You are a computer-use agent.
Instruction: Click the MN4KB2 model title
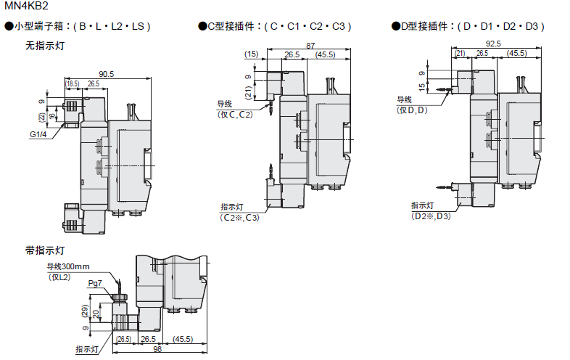[26, 6]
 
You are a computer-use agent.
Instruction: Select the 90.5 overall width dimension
[106, 74]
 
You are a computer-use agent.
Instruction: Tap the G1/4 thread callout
[38, 134]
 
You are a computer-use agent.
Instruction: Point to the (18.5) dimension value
[72, 83]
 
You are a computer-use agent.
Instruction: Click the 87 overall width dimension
[310, 46]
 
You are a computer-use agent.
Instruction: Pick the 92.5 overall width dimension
[493, 44]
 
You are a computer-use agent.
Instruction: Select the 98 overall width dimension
[157, 349]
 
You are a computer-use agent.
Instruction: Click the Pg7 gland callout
[95, 283]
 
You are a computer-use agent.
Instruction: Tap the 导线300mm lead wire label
[68, 266]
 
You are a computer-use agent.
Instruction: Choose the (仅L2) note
[59, 277]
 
